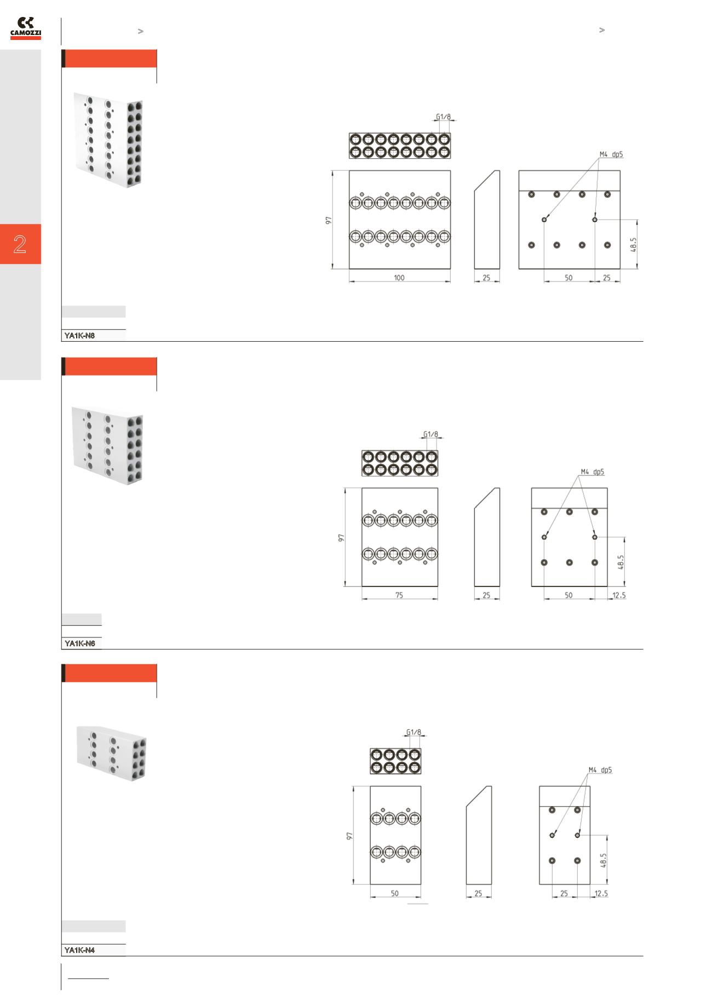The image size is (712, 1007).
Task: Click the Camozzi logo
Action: click(26, 29)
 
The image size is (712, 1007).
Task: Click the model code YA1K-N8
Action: click(79, 336)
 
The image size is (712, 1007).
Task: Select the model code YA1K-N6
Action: click(79, 643)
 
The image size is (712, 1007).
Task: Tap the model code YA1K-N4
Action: click(79, 950)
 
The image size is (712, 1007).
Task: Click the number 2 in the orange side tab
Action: click(20, 244)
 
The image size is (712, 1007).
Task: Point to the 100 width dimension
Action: click(399, 278)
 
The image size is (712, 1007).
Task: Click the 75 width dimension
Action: click(399, 595)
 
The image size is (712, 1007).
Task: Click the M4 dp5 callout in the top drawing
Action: click(611, 154)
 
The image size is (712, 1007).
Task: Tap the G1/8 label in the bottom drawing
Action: click(414, 732)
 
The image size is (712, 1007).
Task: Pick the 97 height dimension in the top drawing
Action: click(329, 220)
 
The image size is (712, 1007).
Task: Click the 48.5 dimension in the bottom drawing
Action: click(604, 860)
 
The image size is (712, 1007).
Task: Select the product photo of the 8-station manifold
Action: click(110, 140)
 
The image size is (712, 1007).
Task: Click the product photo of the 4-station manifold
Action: click(112, 752)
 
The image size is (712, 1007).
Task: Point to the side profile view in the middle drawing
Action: click(487, 537)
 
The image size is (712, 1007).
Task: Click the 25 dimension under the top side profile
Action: click(486, 278)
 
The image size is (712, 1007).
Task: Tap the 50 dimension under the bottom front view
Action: click(395, 893)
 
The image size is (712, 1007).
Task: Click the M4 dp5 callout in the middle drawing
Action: click(593, 471)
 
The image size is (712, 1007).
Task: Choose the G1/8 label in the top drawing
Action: click(444, 117)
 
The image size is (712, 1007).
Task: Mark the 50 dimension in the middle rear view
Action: click(569, 595)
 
